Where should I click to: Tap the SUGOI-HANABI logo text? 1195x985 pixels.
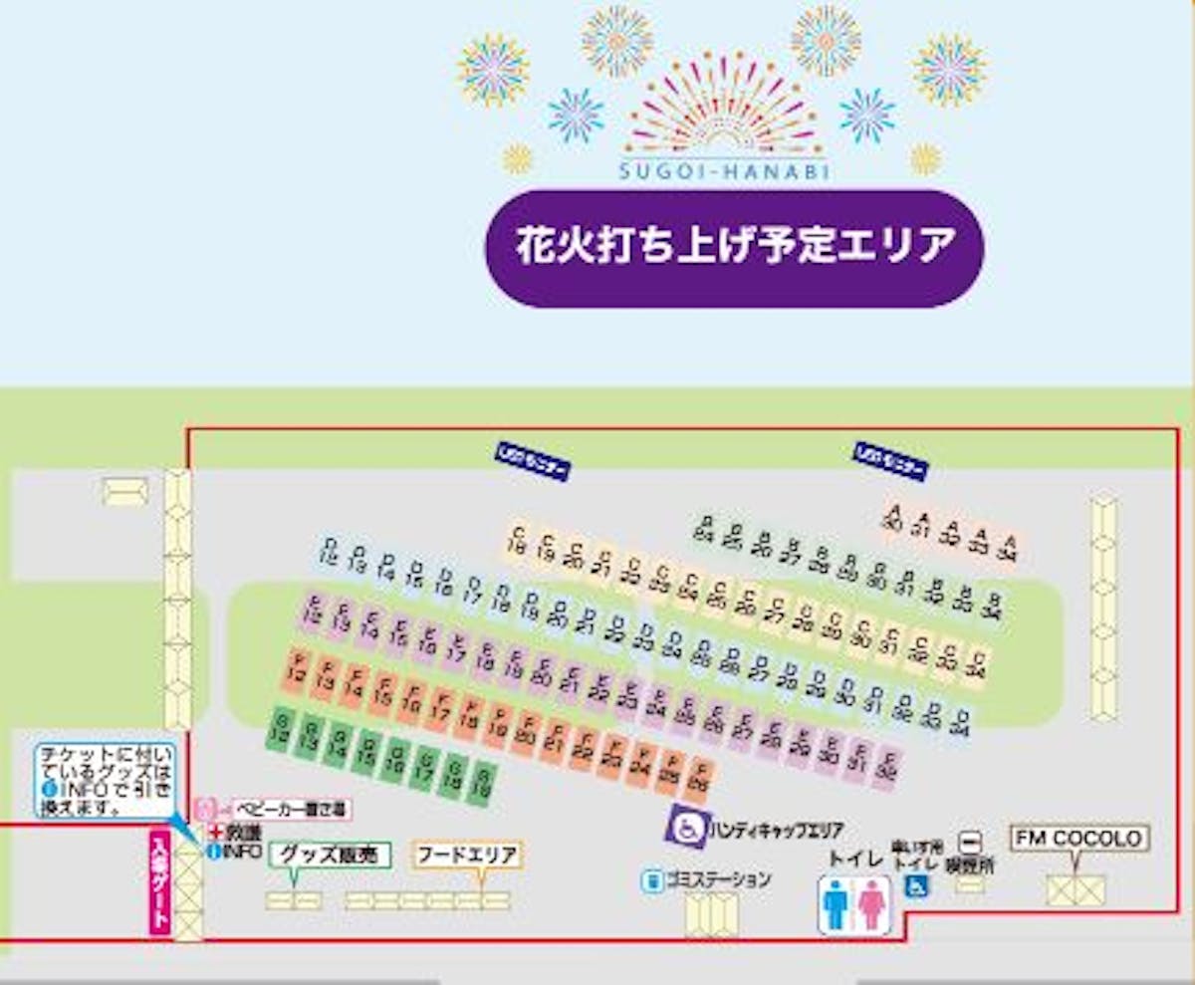point(724,170)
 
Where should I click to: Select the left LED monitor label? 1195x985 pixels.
point(533,462)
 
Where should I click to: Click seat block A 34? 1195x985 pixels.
point(1010,546)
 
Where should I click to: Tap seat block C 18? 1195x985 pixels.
point(516,539)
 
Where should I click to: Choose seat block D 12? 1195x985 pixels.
point(330,551)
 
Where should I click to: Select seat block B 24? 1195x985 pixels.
point(705,529)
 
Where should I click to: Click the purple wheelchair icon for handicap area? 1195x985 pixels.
point(687,827)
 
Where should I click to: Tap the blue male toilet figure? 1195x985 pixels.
point(835,905)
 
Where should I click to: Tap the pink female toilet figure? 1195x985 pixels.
point(872,905)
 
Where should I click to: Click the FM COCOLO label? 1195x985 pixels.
point(1079,839)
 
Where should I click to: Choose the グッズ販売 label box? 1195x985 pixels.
point(331,855)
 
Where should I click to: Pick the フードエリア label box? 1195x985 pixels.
point(468,855)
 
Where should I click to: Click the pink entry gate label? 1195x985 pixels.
point(160,882)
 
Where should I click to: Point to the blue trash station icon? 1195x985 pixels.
point(653,880)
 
